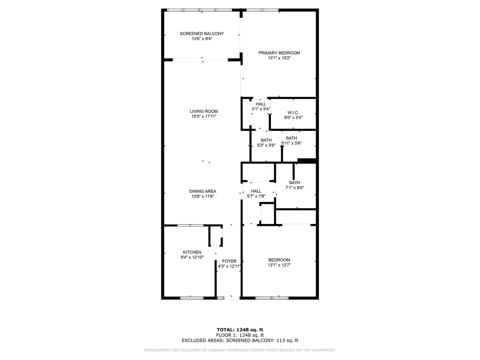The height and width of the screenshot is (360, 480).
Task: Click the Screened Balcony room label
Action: (x=202, y=34)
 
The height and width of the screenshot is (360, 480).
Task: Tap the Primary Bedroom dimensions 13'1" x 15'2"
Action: (x=279, y=59)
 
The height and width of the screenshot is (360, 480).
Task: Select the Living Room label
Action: (x=203, y=112)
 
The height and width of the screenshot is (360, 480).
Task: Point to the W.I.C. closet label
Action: (x=293, y=112)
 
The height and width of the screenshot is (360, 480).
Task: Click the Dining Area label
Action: (x=202, y=191)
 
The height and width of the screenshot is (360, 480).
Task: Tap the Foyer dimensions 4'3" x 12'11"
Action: (x=229, y=266)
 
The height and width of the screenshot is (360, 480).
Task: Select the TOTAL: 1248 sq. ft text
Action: (x=240, y=330)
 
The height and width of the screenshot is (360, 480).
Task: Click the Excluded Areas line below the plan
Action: (x=240, y=341)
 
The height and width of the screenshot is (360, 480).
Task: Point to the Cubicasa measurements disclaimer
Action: (x=240, y=350)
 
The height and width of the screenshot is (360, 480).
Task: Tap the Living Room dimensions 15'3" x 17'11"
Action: (x=203, y=117)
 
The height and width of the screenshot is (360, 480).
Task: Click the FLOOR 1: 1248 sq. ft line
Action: (x=240, y=335)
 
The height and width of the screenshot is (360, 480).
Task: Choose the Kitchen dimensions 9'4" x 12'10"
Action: (x=192, y=257)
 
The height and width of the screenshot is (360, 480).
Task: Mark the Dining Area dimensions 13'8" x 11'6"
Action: (x=202, y=196)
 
